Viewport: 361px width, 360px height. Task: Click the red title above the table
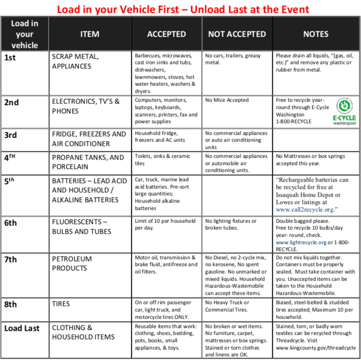pos(182,9)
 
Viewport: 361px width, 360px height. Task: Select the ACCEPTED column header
pos(166,34)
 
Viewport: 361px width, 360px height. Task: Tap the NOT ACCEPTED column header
pos(237,34)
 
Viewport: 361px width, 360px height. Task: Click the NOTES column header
pos(316,34)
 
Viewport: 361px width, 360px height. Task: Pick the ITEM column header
pos(90,34)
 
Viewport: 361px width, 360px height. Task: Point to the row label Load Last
pos(22,328)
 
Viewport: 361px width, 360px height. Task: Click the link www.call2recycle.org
pos(306,209)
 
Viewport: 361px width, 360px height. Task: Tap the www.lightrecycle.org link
pos(301,242)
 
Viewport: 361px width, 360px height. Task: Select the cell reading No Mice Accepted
pos(227,100)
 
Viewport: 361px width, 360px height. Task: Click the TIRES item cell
pos(61,303)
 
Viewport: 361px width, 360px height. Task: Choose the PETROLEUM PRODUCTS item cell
pos(71,263)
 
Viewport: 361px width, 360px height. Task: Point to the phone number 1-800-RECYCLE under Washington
pos(293,121)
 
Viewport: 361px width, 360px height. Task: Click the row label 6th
pos(10,223)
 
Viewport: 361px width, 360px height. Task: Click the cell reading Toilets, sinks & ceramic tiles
pos(162,160)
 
